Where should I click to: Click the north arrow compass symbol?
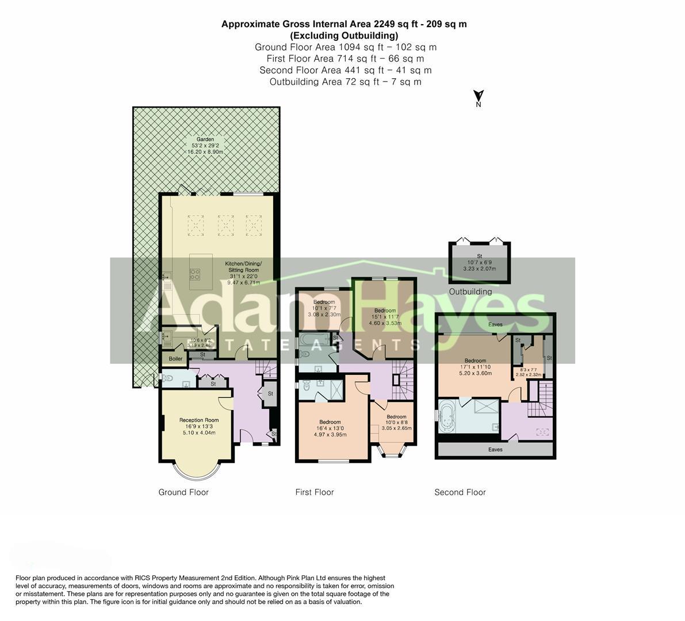coord(478,97)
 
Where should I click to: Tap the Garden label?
coord(205,140)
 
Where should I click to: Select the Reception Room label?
coord(199,420)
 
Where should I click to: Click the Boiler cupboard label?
coord(175,359)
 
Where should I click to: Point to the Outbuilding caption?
coord(471,292)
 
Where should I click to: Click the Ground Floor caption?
coord(183,492)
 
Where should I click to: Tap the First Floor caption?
coord(315,492)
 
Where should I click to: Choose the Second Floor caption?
coord(460,492)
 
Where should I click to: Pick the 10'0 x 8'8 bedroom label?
coord(396,417)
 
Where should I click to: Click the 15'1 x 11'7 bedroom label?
coord(385,311)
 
